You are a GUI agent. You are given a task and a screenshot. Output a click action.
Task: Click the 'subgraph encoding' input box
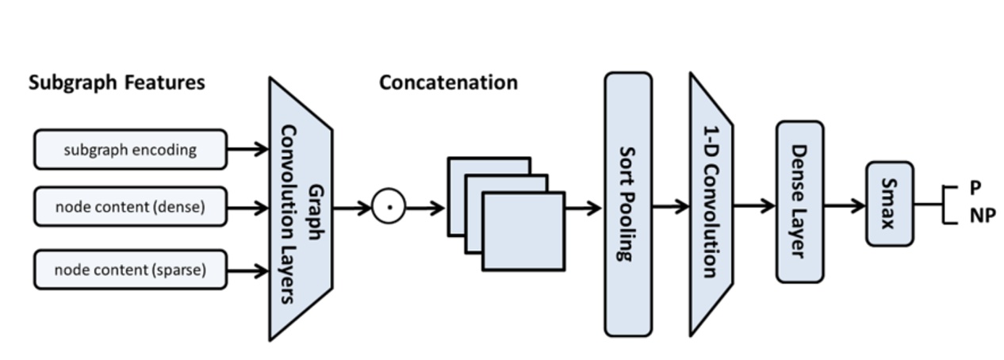coord(130,150)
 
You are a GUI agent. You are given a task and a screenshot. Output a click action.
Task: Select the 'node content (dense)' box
coord(130,207)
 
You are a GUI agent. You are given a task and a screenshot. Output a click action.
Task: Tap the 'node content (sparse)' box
coord(130,270)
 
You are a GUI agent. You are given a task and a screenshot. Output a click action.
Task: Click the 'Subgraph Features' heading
coord(117,82)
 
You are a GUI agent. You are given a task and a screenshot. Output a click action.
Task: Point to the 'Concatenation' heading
coord(448,82)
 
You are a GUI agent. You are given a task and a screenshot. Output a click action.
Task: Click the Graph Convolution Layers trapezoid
coord(300,209)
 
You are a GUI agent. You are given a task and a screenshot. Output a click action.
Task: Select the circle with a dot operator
coord(389,208)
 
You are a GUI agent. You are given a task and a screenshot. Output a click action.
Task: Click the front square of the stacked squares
coord(523,231)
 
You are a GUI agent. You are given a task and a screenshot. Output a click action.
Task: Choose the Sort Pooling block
coord(628,205)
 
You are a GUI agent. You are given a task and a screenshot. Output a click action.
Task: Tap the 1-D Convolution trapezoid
coord(710,205)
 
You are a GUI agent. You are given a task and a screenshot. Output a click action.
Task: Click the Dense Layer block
coord(799,201)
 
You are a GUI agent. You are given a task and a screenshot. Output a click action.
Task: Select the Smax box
coord(889,204)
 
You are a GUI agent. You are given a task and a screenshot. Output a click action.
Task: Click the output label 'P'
coord(975,187)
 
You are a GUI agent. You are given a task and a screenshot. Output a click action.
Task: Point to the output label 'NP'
coord(981,215)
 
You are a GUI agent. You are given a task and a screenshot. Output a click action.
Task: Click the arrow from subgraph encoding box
coord(248,149)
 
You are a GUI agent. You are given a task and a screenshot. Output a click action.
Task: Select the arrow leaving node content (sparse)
coord(248,270)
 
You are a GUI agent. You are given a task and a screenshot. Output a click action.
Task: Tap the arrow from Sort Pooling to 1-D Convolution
coord(670,207)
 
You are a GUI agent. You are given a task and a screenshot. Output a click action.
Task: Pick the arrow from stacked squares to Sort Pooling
coord(584,209)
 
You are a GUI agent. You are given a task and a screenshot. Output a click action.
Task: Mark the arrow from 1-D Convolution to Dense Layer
coord(753,206)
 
